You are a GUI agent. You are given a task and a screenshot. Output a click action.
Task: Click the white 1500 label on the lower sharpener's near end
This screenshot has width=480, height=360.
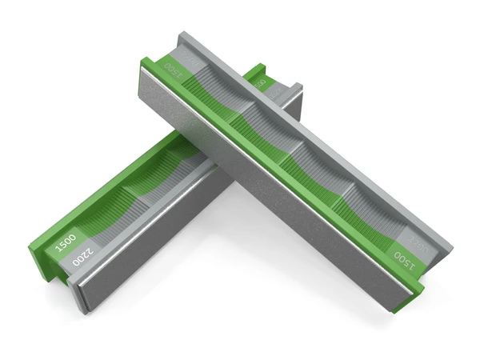pos(66,242)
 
